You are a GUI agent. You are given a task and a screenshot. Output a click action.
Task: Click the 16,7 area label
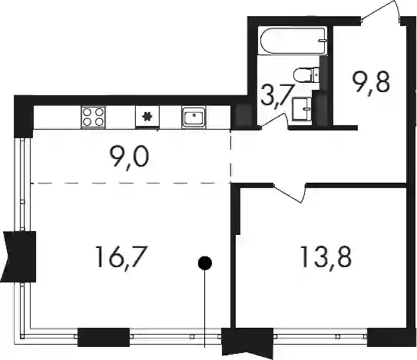(x=121, y=257)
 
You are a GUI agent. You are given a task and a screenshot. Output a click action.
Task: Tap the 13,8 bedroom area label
(x=326, y=257)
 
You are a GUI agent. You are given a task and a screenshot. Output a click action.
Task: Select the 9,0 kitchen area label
(x=129, y=157)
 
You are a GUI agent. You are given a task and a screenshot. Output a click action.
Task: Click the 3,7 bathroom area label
(x=278, y=95)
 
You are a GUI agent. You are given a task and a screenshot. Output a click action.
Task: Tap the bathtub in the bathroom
(x=293, y=41)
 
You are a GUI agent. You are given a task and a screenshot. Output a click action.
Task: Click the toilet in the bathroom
(x=306, y=74)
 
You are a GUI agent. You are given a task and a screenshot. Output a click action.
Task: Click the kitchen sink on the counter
(x=194, y=117)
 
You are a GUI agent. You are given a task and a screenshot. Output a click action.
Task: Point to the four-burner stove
(x=93, y=117)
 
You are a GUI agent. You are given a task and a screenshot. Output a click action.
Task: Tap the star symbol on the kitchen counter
(x=147, y=117)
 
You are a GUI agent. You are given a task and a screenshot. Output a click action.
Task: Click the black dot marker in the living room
(x=205, y=263)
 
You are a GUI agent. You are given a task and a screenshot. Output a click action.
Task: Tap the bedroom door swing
(x=290, y=193)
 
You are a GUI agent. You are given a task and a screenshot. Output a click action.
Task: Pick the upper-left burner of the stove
(x=87, y=111)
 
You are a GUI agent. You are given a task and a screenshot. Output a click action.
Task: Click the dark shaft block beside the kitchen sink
(x=243, y=117)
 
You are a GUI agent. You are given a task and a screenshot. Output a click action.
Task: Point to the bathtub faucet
(x=323, y=41)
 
